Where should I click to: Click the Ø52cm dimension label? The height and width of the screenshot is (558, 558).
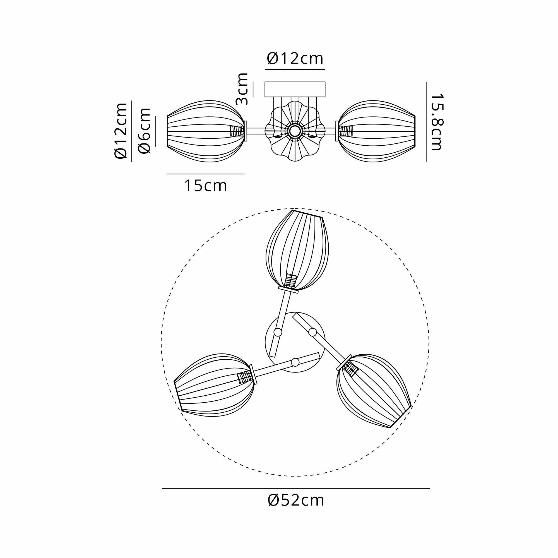point(296,501)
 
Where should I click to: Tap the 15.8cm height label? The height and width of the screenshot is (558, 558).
point(436,122)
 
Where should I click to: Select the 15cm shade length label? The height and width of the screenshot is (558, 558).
point(205,186)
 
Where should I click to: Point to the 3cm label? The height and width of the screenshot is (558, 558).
point(242,89)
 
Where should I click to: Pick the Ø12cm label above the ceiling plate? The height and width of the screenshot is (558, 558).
point(295,59)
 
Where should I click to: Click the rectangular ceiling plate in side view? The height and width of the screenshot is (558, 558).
point(295,89)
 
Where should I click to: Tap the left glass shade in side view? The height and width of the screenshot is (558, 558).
point(206,131)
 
